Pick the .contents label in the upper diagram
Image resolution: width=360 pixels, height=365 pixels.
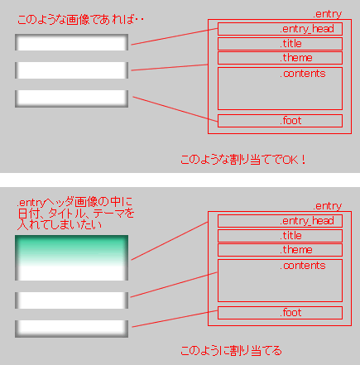[303, 74]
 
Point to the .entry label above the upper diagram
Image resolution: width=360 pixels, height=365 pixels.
[327, 14]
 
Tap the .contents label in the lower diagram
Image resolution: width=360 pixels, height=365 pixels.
[303, 266]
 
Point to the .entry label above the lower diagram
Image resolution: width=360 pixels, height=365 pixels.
[327, 206]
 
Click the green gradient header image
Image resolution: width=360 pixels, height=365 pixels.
[71, 257]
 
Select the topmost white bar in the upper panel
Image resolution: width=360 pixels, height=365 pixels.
[71, 42]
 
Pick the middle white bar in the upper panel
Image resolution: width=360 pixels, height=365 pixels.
[71, 70]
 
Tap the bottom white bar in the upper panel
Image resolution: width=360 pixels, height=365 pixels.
[71, 98]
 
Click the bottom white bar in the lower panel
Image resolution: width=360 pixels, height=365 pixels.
[71, 329]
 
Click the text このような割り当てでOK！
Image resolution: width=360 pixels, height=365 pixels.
[243, 160]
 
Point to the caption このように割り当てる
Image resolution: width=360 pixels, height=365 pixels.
[231, 351]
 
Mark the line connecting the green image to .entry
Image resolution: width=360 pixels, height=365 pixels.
[170, 241]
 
